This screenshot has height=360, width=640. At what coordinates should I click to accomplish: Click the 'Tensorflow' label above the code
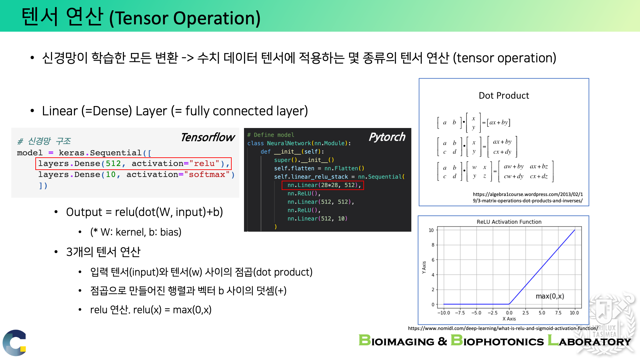[208, 137]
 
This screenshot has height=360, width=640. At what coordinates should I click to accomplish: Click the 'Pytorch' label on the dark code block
[387, 137]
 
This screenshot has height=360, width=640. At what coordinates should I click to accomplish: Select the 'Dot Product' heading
[504, 96]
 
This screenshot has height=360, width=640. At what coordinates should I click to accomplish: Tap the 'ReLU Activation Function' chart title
[509, 222]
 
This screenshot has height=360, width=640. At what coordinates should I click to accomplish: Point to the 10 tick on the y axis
[431, 230]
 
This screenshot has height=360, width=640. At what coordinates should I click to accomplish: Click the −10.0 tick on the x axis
[444, 313]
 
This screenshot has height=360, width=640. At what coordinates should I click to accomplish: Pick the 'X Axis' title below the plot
[509, 319]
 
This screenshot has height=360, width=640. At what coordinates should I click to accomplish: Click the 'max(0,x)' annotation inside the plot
[550, 296]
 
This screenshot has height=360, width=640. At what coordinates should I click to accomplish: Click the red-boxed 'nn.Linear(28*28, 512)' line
[323, 185]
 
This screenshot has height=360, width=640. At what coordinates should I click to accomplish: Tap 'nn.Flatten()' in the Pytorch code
[344, 168]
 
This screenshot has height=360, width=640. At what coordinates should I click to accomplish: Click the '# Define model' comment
[271, 135]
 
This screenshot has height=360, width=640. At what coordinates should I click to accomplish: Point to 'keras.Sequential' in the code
[100, 153]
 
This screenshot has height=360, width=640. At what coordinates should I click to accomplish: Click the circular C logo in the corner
[14, 343]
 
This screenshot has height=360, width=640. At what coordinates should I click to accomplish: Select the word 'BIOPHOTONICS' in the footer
[497, 340]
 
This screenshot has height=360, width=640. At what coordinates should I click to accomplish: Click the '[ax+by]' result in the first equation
[498, 122]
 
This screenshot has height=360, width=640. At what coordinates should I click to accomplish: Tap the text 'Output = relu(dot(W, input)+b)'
[144, 212]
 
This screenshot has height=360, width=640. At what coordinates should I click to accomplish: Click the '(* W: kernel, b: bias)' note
[136, 232]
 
